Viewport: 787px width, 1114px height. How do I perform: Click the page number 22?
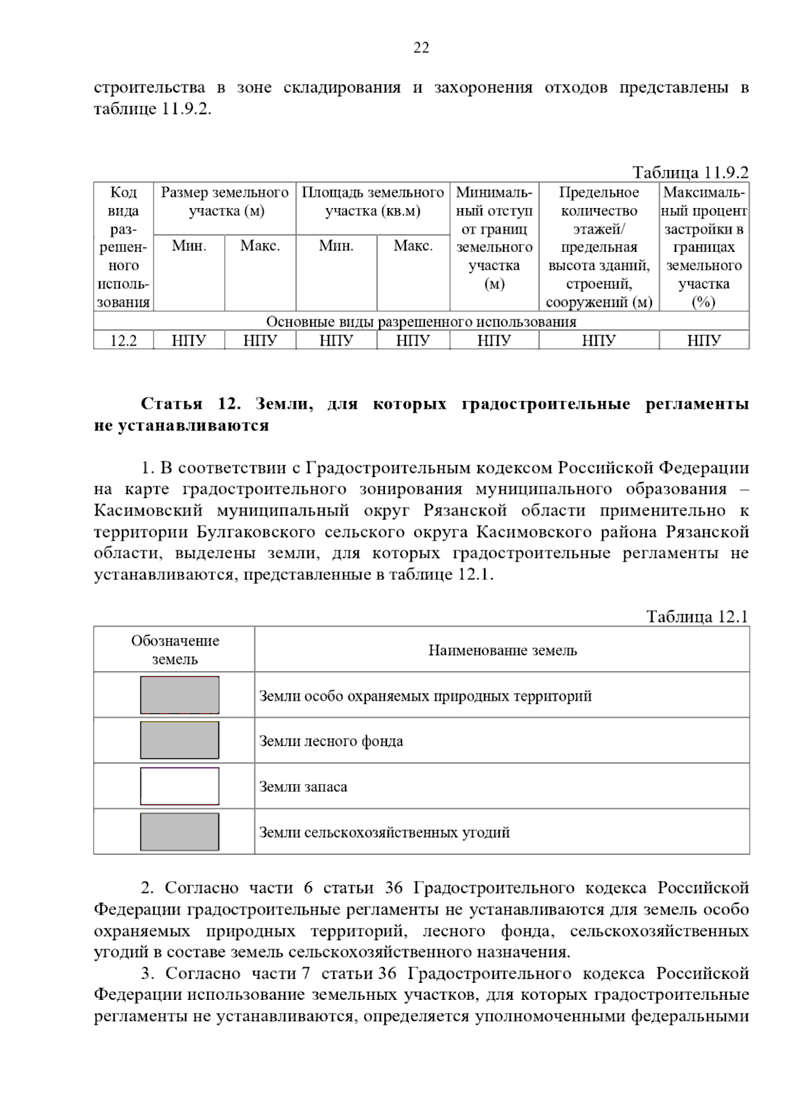(421, 48)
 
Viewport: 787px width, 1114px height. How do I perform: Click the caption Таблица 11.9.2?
(690, 173)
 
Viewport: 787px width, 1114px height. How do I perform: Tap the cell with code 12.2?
(123, 340)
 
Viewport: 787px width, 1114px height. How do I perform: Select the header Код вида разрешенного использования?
(123, 247)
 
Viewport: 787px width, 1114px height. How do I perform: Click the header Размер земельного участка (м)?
(225, 202)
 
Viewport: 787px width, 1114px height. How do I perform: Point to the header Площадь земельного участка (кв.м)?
(373, 202)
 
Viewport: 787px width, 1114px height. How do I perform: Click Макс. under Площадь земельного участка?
(413, 246)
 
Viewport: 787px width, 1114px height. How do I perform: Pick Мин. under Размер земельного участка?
(189, 246)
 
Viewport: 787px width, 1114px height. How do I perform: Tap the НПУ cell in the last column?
(704, 340)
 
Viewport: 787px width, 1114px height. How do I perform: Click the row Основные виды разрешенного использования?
(421, 322)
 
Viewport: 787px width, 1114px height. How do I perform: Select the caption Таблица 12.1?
(696, 617)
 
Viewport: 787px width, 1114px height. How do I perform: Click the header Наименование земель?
(502, 650)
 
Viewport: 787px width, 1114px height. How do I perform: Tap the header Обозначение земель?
(174, 650)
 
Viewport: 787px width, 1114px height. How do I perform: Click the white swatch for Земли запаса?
(180, 786)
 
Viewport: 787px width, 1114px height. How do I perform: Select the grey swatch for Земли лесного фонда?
(180, 741)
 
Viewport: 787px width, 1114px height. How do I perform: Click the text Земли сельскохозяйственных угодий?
(384, 833)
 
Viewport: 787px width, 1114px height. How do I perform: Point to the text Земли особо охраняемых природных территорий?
(425, 696)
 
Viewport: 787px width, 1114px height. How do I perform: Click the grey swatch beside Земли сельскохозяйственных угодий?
(180, 832)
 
